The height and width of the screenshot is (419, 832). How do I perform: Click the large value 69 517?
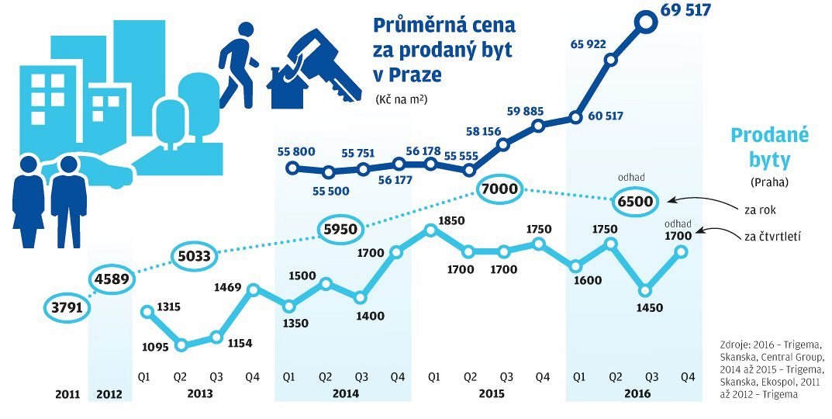685,10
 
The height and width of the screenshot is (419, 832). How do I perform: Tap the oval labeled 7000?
499,190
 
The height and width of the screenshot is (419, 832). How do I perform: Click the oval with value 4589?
110,278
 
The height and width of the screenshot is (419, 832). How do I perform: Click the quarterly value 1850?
451,221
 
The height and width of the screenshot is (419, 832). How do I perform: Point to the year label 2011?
67,393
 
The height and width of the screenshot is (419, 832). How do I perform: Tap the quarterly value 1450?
649,308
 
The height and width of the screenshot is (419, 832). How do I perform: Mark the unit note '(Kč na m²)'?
402,99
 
